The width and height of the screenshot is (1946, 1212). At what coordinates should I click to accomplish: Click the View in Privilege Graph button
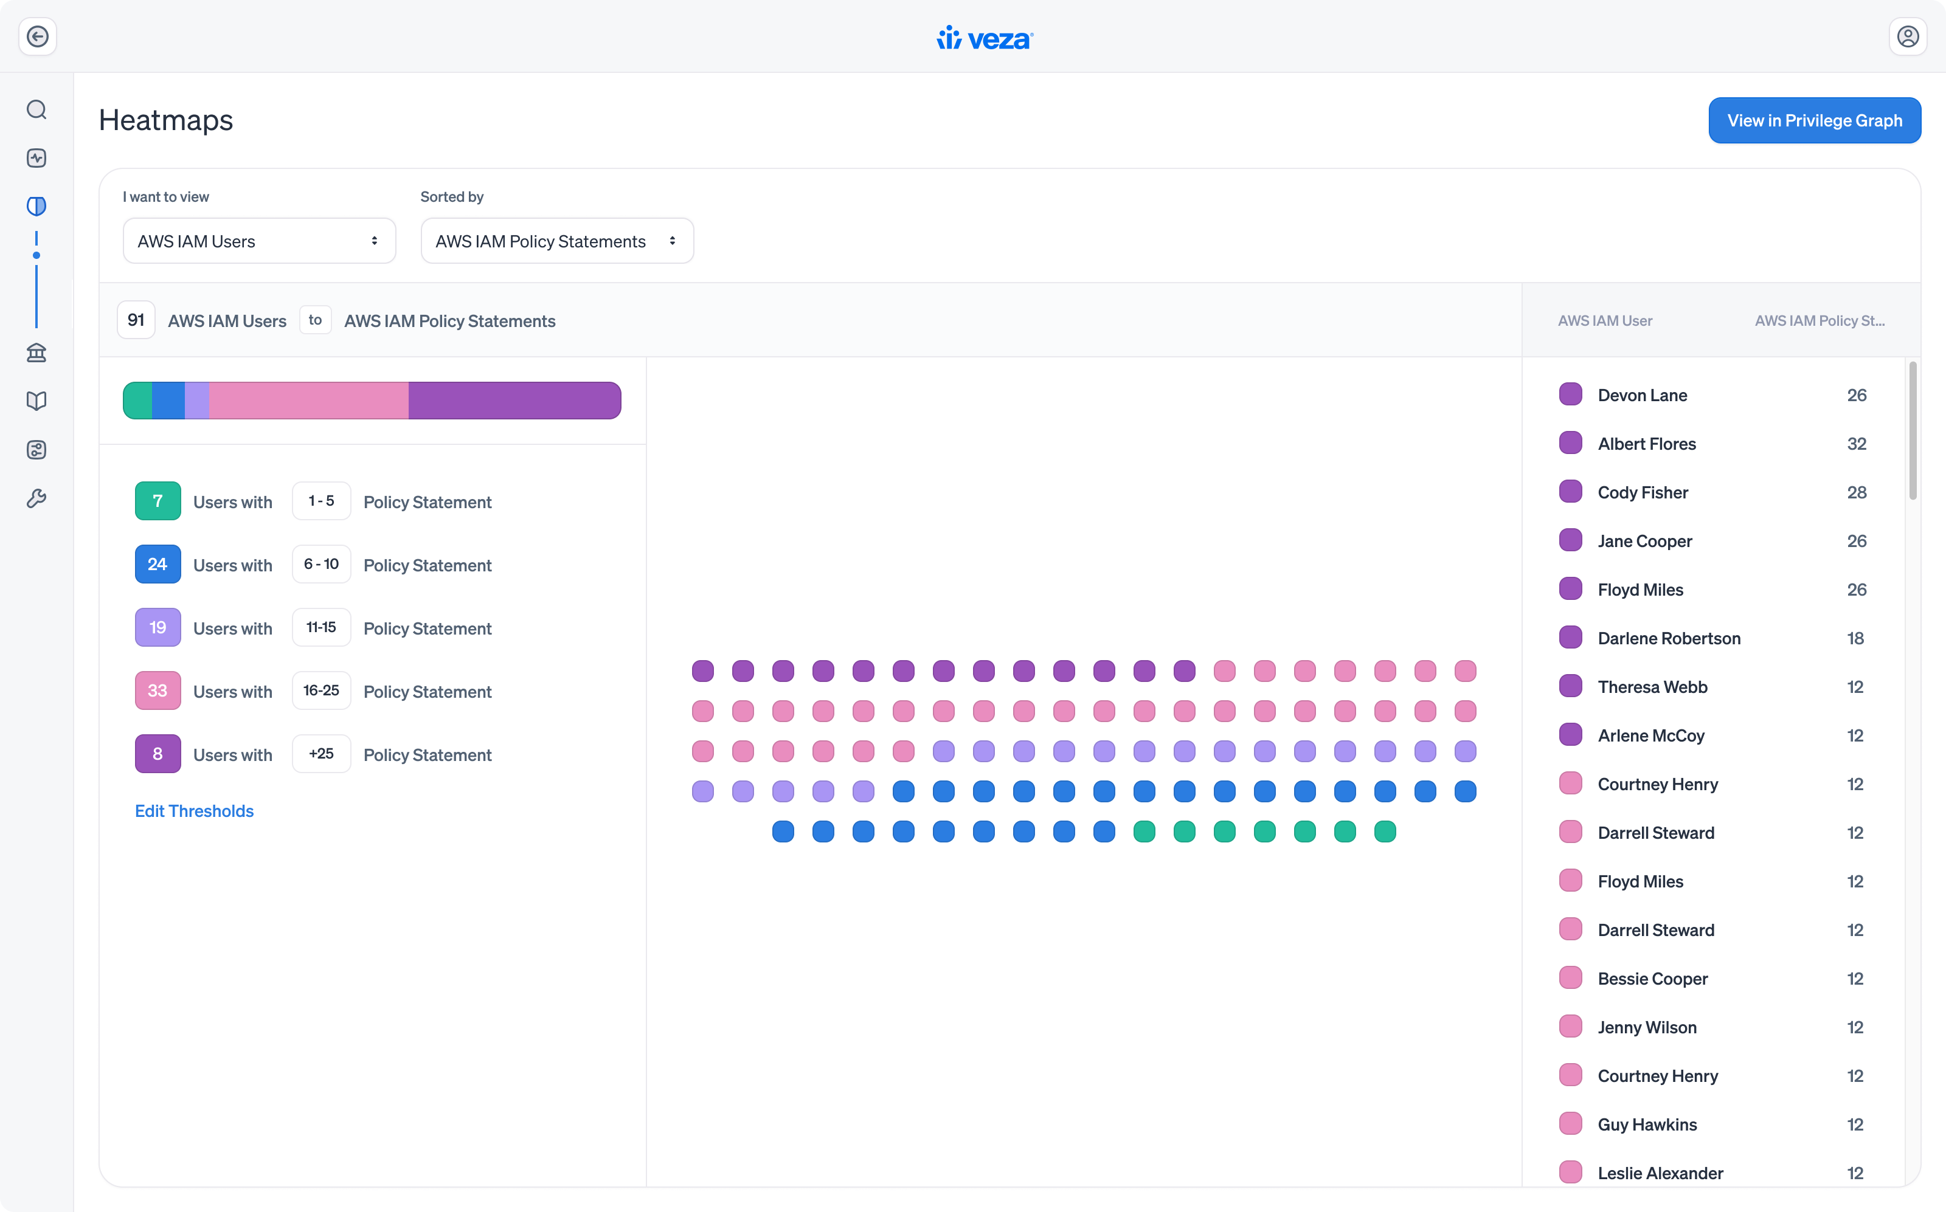pos(1815,120)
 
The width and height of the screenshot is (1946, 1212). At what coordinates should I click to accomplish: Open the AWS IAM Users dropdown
pos(259,241)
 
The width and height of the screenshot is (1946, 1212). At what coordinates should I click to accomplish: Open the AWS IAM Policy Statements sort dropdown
pos(556,241)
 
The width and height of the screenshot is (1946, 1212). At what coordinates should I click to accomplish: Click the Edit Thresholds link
pos(194,811)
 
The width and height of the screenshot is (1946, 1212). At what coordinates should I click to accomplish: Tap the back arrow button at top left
pos(38,37)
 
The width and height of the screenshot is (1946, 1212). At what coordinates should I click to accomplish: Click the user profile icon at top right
pos(1908,37)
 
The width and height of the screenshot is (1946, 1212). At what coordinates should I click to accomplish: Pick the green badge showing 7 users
pos(157,501)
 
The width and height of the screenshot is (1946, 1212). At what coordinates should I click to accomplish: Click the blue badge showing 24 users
pos(157,564)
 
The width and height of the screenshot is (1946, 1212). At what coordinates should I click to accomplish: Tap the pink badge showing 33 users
pos(157,691)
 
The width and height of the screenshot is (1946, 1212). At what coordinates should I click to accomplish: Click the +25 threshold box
pos(320,754)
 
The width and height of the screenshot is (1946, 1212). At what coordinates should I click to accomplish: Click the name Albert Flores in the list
pos(1647,444)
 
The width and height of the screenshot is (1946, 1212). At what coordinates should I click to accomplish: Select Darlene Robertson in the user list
pos(1669,639)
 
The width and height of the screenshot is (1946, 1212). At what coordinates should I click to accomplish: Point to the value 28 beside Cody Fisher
pos(1856,493)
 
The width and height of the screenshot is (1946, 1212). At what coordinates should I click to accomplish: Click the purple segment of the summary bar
pos(514,401)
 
